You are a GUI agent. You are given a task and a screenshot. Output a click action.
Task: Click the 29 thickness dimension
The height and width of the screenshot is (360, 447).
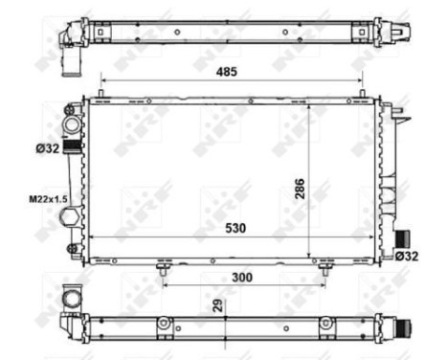click(x=217, y=305)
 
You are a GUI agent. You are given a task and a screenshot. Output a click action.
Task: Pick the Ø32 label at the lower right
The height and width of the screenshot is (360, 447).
click(x=407, y=256)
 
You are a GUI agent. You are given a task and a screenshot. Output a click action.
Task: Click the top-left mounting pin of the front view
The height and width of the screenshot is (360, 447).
click(x=100, y=93)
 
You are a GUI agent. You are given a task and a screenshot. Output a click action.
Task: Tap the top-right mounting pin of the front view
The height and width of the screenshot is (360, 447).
click(x=363, y=93)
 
